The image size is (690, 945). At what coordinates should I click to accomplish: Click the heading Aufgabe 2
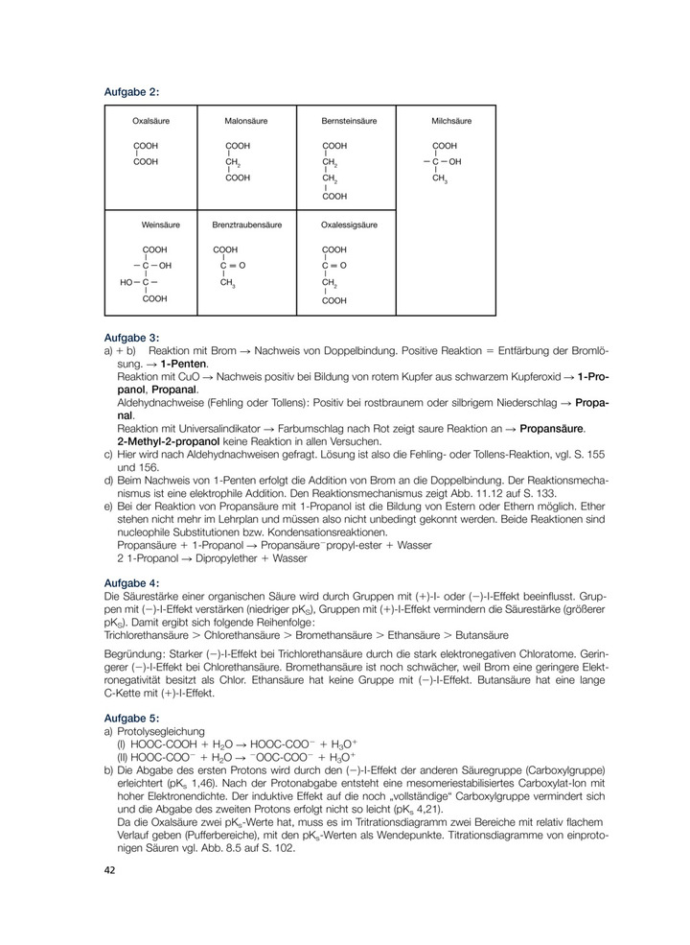[x=130, y=92]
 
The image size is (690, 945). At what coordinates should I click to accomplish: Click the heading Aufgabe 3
[x=130, y=338]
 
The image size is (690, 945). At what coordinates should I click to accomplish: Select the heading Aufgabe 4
[x=130, y=582]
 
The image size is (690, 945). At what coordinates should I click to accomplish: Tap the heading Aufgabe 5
[x=130, y=718]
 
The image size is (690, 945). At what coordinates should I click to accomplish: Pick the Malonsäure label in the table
[x=246, y=122]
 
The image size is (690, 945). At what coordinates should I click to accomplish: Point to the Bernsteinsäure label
[x=349, y=122]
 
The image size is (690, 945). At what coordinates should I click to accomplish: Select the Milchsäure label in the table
[x=451, y=122]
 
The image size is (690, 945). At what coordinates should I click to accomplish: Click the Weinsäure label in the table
[x=161, y=224]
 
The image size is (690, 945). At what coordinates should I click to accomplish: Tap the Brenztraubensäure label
[x=246, y=224]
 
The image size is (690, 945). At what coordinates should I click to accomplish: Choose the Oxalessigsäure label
[x=349, y=224]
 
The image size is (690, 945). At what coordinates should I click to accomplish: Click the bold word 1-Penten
[x=184, y=366]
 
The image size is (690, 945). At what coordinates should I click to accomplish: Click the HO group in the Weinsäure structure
[x=126, y=283]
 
